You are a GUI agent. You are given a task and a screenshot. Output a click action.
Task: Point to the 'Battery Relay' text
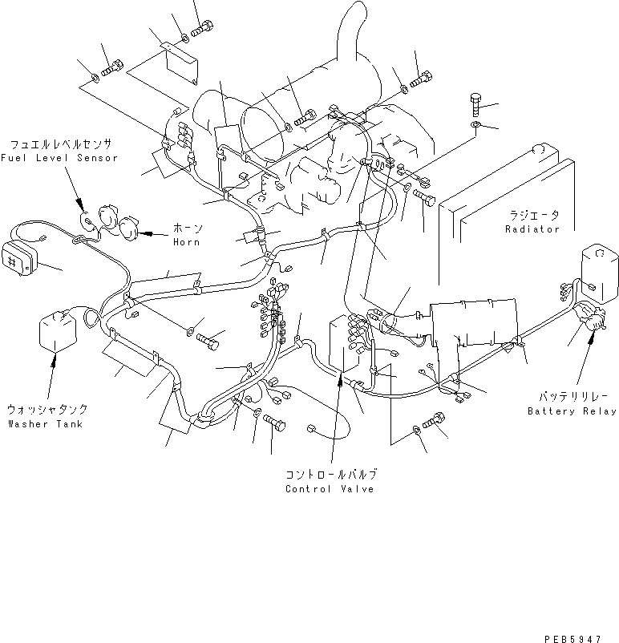(x=572, y=411)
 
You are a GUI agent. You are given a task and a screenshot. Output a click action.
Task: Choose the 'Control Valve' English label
(x=330, y=489)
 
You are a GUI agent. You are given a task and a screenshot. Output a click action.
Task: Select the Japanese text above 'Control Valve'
(x=330, y=475)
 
